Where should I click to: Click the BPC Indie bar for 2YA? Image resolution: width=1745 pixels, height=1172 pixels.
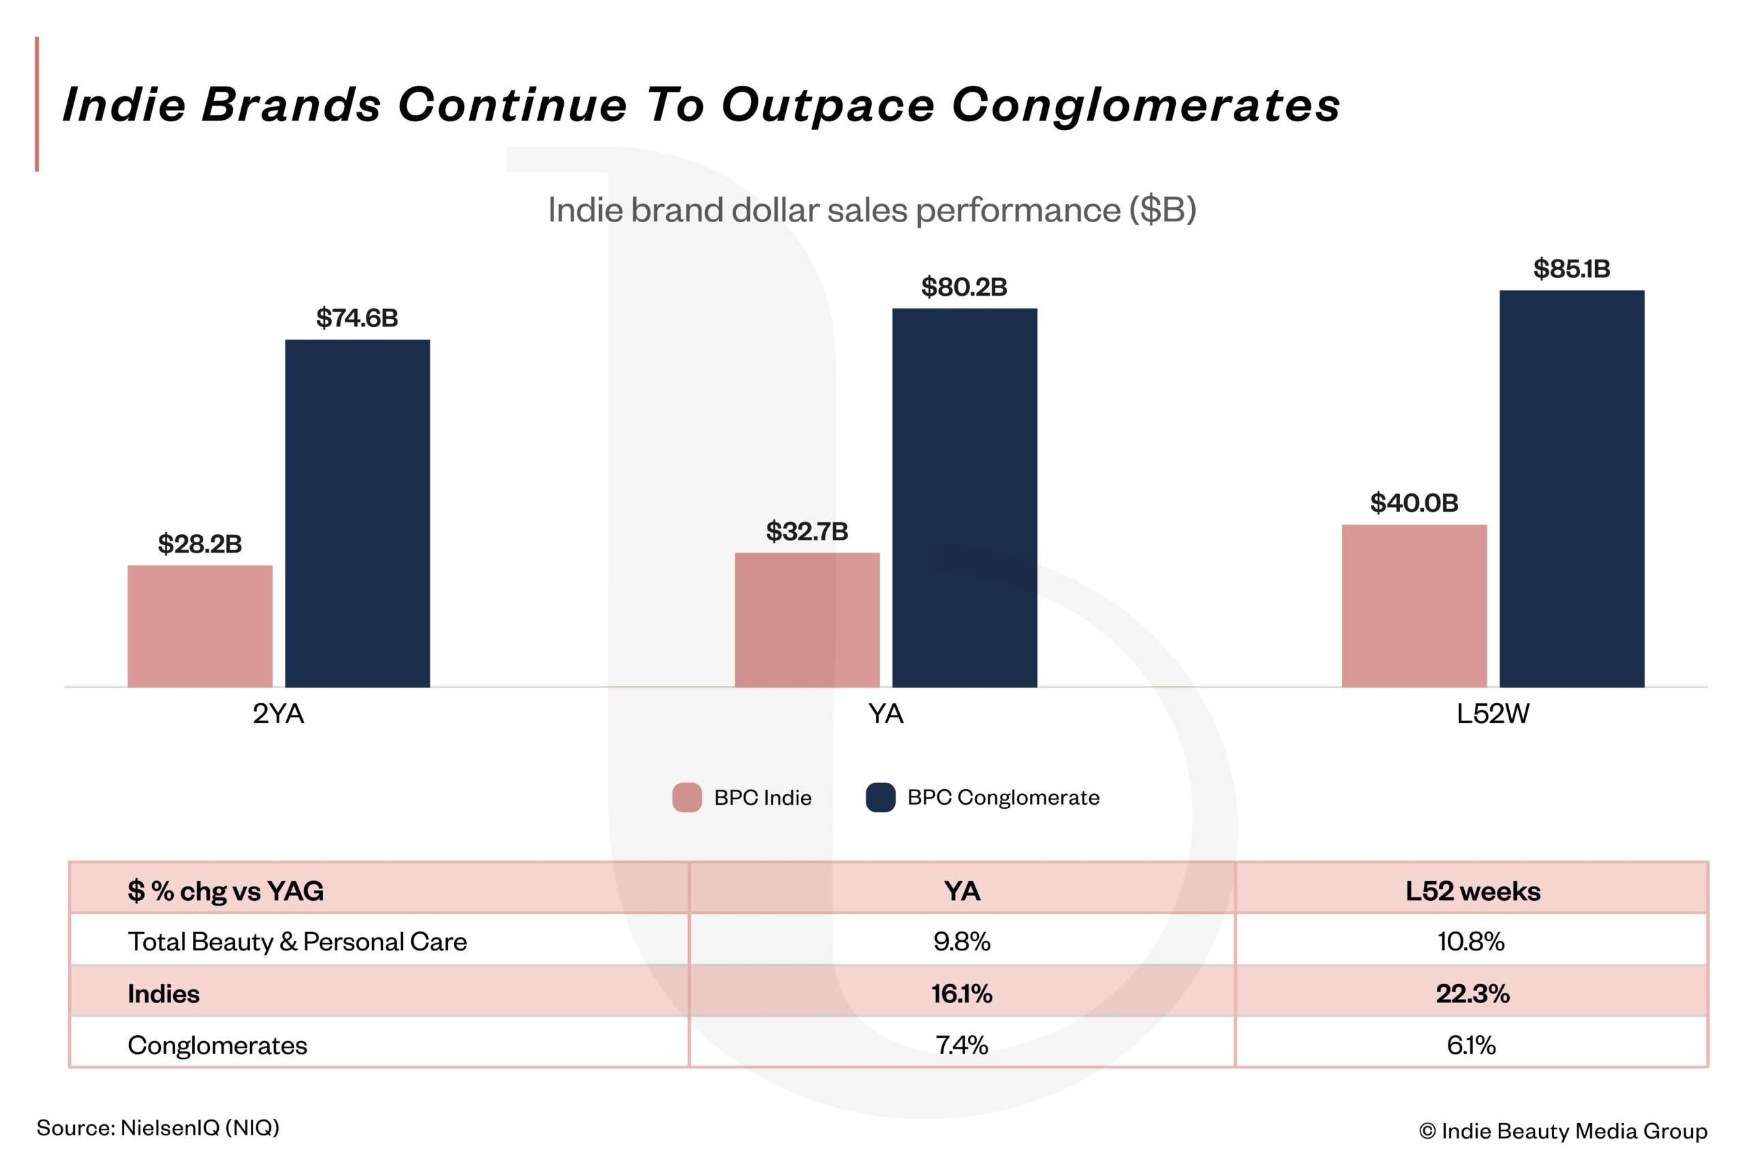tap(200, 626)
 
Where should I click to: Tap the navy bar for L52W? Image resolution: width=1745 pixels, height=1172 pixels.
tap(1572, 488)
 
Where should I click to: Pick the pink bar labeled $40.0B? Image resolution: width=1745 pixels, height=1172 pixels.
tap(1414, 606)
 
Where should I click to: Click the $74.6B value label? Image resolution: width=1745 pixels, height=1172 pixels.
tap(356, 318)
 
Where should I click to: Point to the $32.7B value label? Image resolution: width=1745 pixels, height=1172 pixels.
tap(806, 531)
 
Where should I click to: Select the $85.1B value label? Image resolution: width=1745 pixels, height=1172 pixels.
tap(1572, 269)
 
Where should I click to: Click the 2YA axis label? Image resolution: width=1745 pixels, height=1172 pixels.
tap(278, 714)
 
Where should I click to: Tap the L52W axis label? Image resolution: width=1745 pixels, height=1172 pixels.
tap(1492, 714)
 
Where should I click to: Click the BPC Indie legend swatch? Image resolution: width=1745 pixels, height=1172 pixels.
tap(687, 797)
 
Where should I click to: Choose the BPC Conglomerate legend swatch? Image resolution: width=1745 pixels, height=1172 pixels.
tap(880, 797)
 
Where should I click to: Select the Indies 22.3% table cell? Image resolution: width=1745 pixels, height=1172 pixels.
tap(1472, 993)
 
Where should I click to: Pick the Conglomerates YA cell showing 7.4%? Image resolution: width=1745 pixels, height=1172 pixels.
tap(962, 1045)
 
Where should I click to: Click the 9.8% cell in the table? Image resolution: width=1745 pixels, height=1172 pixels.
tap(962, 941)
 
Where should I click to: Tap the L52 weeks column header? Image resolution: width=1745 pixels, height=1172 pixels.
tap(1472, 891)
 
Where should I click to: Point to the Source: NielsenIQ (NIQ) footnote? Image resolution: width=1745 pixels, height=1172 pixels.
tap(157, 1128)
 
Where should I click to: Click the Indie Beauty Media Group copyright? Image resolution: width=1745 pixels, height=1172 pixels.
tap(1562, 1131)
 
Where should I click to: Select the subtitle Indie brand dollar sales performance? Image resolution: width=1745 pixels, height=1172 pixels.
tap(872, 210)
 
